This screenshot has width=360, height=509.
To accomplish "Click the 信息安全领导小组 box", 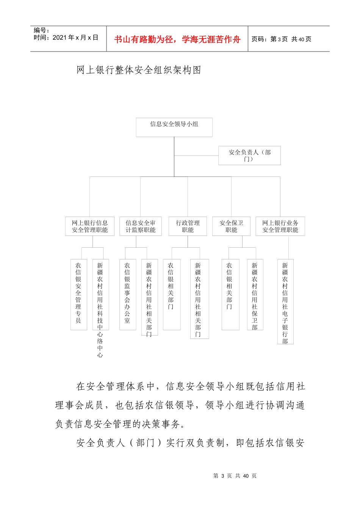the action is [x=174, y=127].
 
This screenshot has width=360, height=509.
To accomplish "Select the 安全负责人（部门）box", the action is [x=249, y=155].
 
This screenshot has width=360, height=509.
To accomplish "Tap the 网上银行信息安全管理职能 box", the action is [x=90, y=226].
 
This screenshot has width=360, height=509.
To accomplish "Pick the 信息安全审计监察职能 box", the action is [x=141, y=226].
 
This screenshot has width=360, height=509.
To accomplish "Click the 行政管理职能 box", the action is [x=188, y=226].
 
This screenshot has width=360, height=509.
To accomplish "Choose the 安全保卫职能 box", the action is [x=231, y=226].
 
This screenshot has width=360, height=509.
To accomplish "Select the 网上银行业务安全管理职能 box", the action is [x=280, y=226].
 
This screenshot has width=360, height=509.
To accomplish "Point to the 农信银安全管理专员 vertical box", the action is [x=78, y=294].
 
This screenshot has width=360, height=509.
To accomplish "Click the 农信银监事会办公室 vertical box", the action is [x=128, y=294].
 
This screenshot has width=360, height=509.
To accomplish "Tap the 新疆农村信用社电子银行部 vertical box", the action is [x=285, y=301].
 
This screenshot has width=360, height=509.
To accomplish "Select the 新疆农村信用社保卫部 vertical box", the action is [x=255, y=295].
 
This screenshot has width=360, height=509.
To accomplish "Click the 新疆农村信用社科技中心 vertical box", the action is [x=100, y=294].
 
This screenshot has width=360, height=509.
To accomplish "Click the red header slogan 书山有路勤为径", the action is [x=177, y=39].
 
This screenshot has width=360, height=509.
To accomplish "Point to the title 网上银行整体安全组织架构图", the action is [x=139, y=70].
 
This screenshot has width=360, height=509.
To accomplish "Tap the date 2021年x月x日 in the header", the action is [x=66, y=38].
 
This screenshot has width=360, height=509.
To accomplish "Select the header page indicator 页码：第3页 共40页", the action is [x=282, y=39].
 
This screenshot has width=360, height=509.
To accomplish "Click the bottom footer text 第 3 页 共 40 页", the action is [x=235, y=476].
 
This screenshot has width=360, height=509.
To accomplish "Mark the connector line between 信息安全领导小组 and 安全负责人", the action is [x=196, y=155].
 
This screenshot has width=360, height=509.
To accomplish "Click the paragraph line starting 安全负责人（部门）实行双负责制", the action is [x=190, y=443].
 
